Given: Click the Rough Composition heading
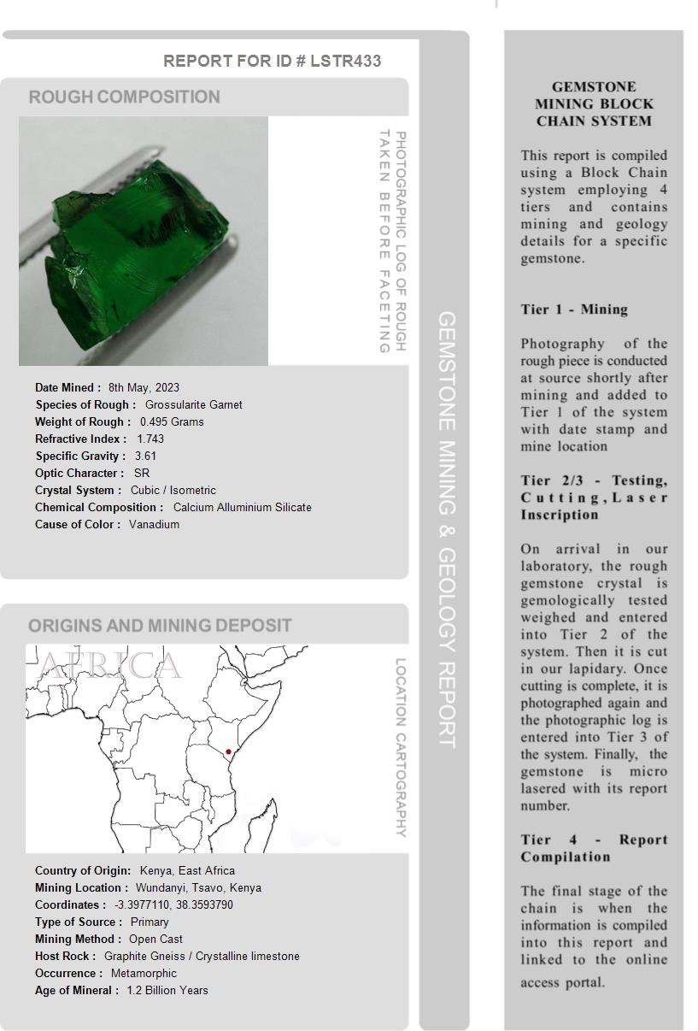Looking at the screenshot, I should (124, 97).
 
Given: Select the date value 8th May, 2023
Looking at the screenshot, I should (144, 387).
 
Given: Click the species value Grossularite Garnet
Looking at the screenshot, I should (193, 404).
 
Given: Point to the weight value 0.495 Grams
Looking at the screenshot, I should (172, 421).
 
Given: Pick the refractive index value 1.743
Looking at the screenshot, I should (150, 439).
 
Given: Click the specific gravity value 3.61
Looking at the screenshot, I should (145, 456).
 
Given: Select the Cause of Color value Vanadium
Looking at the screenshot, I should (154, 524).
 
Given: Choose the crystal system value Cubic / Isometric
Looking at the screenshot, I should (173, 490).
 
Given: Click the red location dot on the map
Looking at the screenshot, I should (228, 751).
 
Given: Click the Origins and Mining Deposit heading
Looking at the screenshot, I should (160, 625).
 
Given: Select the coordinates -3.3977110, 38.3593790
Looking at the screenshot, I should (173, 904).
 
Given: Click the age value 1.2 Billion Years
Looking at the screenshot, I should (167, 990).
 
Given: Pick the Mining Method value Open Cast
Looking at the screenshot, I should (155, 939).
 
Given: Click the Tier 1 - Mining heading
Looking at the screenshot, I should (574, 309).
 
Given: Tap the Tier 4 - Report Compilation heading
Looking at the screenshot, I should (594, 848).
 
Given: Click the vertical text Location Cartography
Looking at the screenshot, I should (400, 747).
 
